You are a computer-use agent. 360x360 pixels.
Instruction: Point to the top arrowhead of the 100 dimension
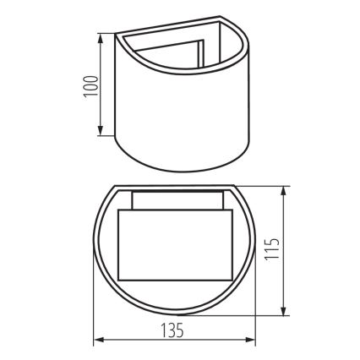101,38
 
